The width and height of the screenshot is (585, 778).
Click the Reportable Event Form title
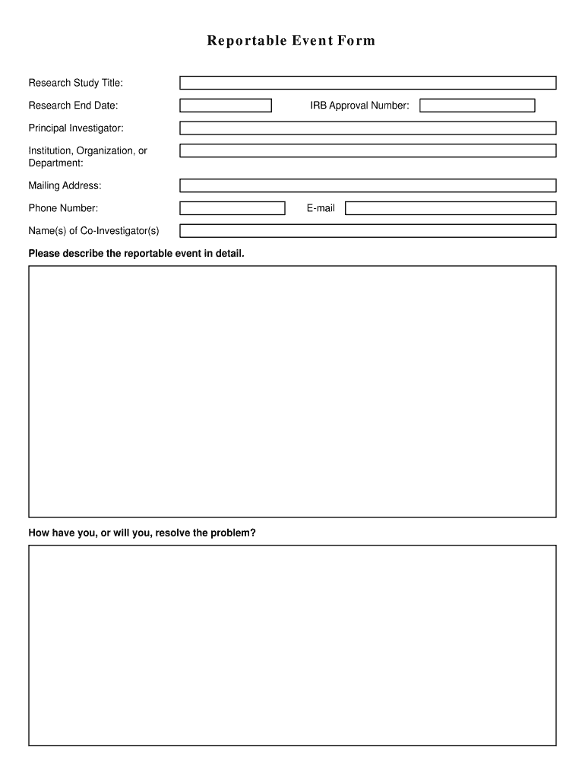[x=291, y=41]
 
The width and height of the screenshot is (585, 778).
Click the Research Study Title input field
[x=368, y=83]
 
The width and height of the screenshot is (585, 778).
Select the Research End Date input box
[x=226, y=106]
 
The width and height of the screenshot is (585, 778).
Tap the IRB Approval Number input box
[x=477, y=106]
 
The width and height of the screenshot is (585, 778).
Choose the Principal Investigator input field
[x=368, y=128]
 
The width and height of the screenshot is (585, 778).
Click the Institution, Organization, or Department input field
[x=368, y=150]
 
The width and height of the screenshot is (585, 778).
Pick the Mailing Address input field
[x=368, y=185]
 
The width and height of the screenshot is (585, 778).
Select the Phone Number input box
[x=232, y=208]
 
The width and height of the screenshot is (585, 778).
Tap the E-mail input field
[x=451, y=208]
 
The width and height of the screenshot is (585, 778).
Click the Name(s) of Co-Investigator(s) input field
[x=368, y=231]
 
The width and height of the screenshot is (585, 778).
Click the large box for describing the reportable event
[x=292, y=391]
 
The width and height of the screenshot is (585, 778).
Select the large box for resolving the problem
[x=292, y=645]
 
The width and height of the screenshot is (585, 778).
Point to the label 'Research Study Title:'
[x=76, y=83]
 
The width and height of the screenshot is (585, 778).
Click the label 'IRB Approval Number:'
[x=359, y=106]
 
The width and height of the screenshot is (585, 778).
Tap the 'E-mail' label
[x=321, y=208]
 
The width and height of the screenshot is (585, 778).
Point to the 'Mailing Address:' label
[x=65, y=185]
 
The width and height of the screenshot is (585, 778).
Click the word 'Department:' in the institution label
[x=56, y=163]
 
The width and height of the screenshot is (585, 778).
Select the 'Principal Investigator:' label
[x=76, y=128]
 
